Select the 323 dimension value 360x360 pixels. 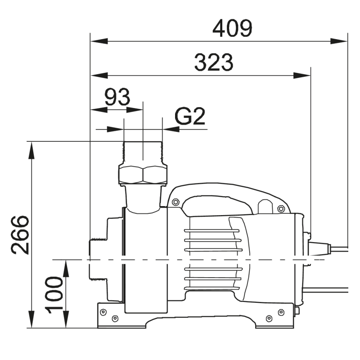[x=214, y=63]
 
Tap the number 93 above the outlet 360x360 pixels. [x=117, y=97]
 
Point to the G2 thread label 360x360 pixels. [x=190, y=117]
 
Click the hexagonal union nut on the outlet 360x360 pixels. [x=142, y=174]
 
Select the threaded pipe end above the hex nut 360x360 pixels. [x=142, y=152]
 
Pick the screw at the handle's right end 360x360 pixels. [x=281, y=208]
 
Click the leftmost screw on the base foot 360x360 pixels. [x=103, y=312]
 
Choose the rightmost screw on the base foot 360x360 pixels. [x=281, y=312]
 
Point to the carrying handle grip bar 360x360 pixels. [x=220, y=202]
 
